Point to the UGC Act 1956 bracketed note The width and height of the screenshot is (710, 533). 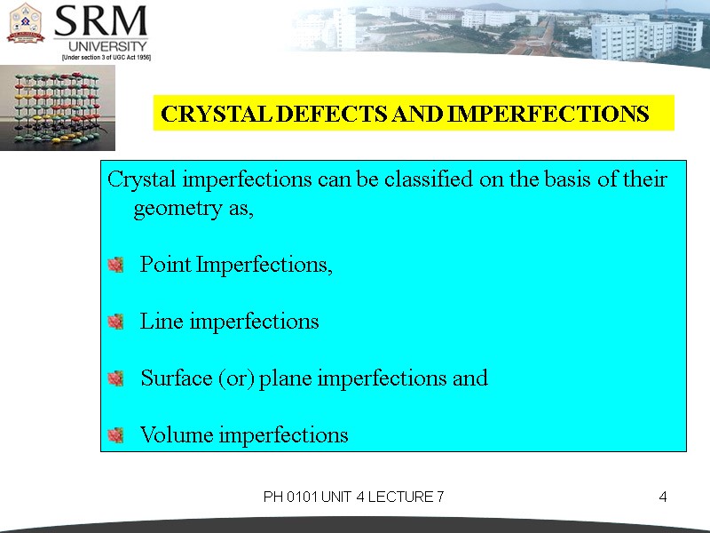coord(106,57)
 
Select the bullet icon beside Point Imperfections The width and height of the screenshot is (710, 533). coord(114,265)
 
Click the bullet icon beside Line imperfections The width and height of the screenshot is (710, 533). coord(114,322)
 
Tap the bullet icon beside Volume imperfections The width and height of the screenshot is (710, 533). coord(114,435)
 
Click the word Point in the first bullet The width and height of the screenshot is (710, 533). coord(166,265)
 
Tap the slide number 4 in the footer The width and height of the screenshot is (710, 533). coord(662,497)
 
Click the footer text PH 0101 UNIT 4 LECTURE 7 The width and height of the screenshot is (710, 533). coord(353,497)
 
